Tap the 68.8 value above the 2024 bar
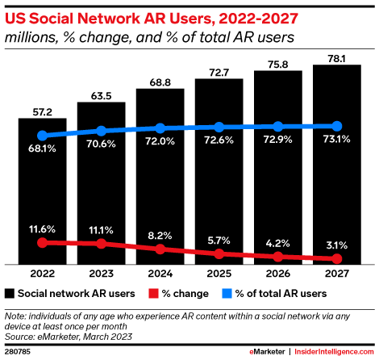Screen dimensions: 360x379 (x=160, y=82)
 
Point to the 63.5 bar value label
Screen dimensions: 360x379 (x=101, y=94)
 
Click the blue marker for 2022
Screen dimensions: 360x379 (x=42, y=136)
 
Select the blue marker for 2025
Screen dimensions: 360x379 (x=219, y=127)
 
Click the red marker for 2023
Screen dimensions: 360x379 (x=101, y=243)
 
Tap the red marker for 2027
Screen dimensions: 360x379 (x=337, y=259)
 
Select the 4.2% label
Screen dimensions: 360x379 (x=278, y=241)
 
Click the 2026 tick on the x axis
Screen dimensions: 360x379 (x=278, y=273)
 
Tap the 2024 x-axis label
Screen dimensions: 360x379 (x=160, y=273)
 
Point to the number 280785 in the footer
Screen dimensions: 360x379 (x=17, y=352)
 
